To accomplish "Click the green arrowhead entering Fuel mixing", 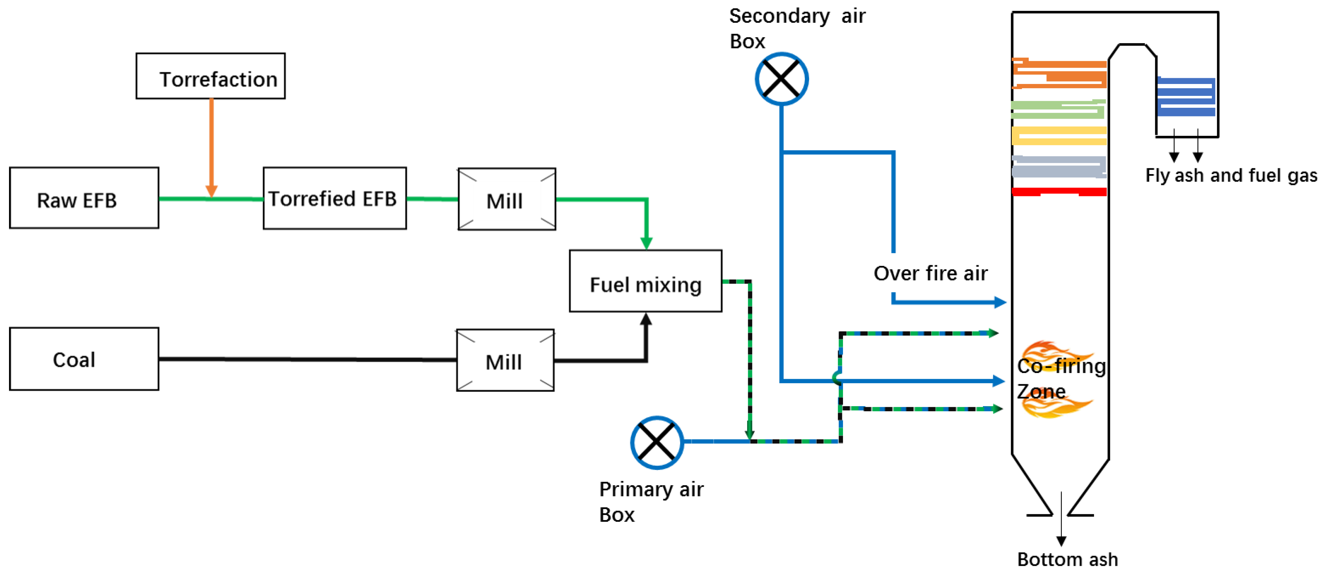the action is pyautogui.click(x=646, y=243).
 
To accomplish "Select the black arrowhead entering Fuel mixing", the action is pyautogui.click(x=646, y=319).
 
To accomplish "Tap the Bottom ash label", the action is pyautogui.click(x=1068, y=559).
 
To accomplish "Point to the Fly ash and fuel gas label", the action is pyautogui.click(x=1231, y=175).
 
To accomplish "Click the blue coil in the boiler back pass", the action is pyautogui.click(x=1186, y=97).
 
